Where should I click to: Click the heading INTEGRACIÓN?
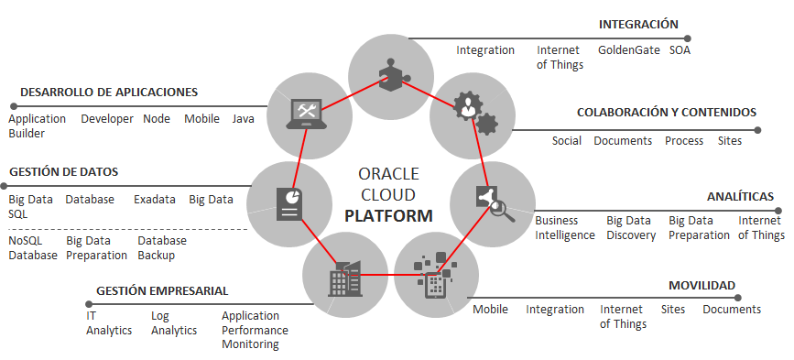[638, 25]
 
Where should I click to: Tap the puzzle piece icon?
[394, 75]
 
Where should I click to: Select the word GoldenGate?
[629, 50]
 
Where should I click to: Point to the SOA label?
[680, 50]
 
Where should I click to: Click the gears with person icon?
[474, 113]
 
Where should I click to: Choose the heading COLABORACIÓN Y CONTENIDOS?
[667, 113]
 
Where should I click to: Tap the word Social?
[567, 141]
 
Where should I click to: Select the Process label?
[684, 141]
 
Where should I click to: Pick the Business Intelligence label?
[565, 228]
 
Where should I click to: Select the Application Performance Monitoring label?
[255, 330]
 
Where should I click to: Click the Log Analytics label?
[174, 323]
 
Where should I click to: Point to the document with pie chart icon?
[289, 204]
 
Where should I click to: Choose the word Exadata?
[155, 200]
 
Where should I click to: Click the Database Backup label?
[162, 248]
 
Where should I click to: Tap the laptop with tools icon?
[304, 114]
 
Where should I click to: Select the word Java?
[243, 119]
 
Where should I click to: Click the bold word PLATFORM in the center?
[389, 215]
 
